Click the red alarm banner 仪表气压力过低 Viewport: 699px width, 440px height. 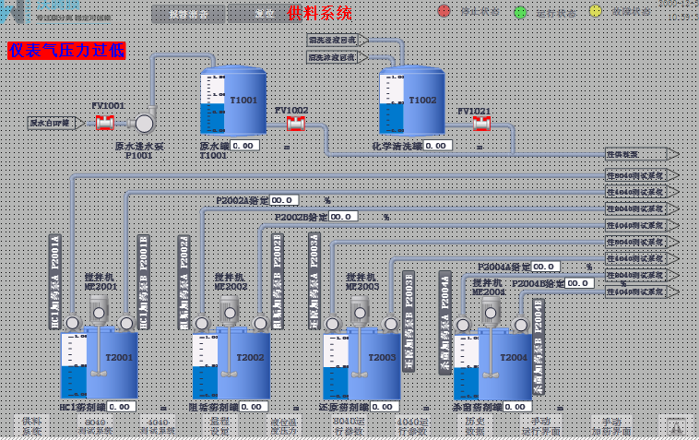point(66,51)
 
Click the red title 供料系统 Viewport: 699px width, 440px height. point(319,13)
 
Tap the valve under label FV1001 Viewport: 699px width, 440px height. point(105,122)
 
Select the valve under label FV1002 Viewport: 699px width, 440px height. point(295,123)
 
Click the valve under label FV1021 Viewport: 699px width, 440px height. point(480,123)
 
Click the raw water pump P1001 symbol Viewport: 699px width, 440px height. point(145,123)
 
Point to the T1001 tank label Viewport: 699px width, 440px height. point(243,100)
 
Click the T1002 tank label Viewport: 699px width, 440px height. point(422,100)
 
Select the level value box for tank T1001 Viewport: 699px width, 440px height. point(244,145)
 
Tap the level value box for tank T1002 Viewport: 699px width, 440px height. point(437,145)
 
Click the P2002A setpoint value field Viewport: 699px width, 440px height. point(284,199)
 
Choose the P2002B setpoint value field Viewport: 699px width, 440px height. point(343,216)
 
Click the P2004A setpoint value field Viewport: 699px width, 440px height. point(545,267)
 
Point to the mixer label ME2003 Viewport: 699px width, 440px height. point(361,286)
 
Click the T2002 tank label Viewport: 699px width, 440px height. point(250,358)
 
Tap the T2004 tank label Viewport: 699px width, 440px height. point(514,357)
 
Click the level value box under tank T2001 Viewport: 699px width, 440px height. point(121,406)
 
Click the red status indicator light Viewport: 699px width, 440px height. point(444,11)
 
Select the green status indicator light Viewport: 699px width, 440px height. point(520,12)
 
